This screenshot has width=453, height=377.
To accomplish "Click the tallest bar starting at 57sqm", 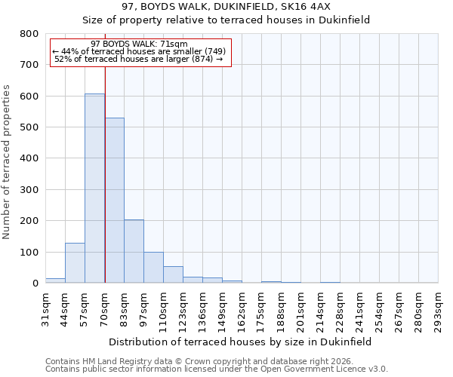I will [x=94, y=188].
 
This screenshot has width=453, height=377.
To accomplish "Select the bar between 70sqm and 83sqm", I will [x=114, y=201].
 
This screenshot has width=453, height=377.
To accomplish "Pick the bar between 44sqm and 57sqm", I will [x=75, y=263].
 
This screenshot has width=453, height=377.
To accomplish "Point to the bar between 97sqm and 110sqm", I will [x=153, y=268].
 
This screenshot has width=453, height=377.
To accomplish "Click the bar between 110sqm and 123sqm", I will [x=173, y=274].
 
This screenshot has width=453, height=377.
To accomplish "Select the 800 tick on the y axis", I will [x=29, y=34].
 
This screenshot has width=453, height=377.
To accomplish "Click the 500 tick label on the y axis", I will [x=29, y=127].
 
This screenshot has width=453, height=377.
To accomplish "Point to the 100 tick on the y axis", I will [x=29, y=253].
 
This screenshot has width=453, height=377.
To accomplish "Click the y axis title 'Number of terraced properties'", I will [x=8, y=162].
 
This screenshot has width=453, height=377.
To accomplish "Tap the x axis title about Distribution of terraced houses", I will [x=240, y=342].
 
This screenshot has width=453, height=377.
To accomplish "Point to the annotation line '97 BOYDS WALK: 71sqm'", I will [x=139, y=44].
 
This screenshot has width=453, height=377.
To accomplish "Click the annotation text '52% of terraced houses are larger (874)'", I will [x=139, y=59].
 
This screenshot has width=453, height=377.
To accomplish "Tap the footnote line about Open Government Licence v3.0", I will [x=217, y=369].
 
